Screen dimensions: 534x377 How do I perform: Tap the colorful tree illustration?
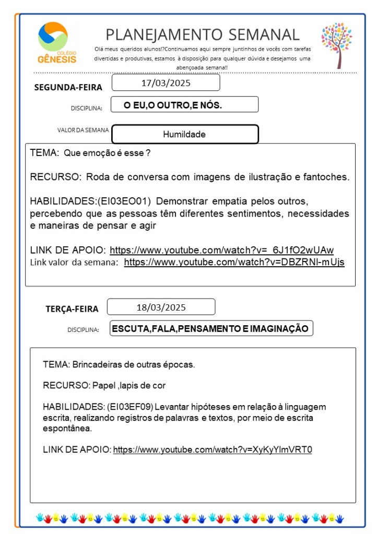(336, 44)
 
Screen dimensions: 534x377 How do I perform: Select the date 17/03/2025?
(166, 83)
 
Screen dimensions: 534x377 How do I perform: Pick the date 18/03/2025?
(161, 307)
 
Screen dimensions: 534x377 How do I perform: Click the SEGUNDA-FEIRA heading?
(68, 87)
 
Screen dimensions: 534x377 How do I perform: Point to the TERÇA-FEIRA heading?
(72, 309)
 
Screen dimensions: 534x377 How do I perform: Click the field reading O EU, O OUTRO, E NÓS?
(184, 105)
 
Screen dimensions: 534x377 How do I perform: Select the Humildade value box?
(184, 134)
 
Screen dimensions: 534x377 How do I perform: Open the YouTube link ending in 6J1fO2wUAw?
(221, 250)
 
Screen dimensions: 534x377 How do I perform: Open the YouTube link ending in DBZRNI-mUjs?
(234, 262)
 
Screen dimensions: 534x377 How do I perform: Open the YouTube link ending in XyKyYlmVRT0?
(212, 449)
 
